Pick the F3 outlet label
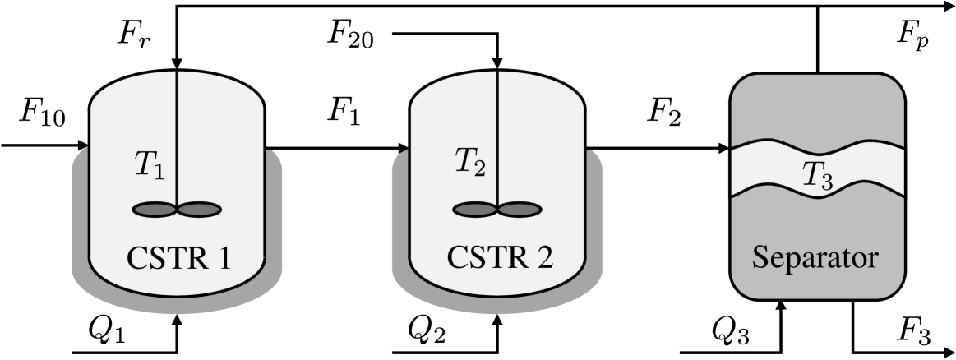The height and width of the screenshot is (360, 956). click(913, 333)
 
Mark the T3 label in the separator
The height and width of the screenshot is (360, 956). click(818, 174)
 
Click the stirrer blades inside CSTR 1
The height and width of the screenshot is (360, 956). click(177, 210)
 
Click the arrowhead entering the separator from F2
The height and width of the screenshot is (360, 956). click(724, 149)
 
